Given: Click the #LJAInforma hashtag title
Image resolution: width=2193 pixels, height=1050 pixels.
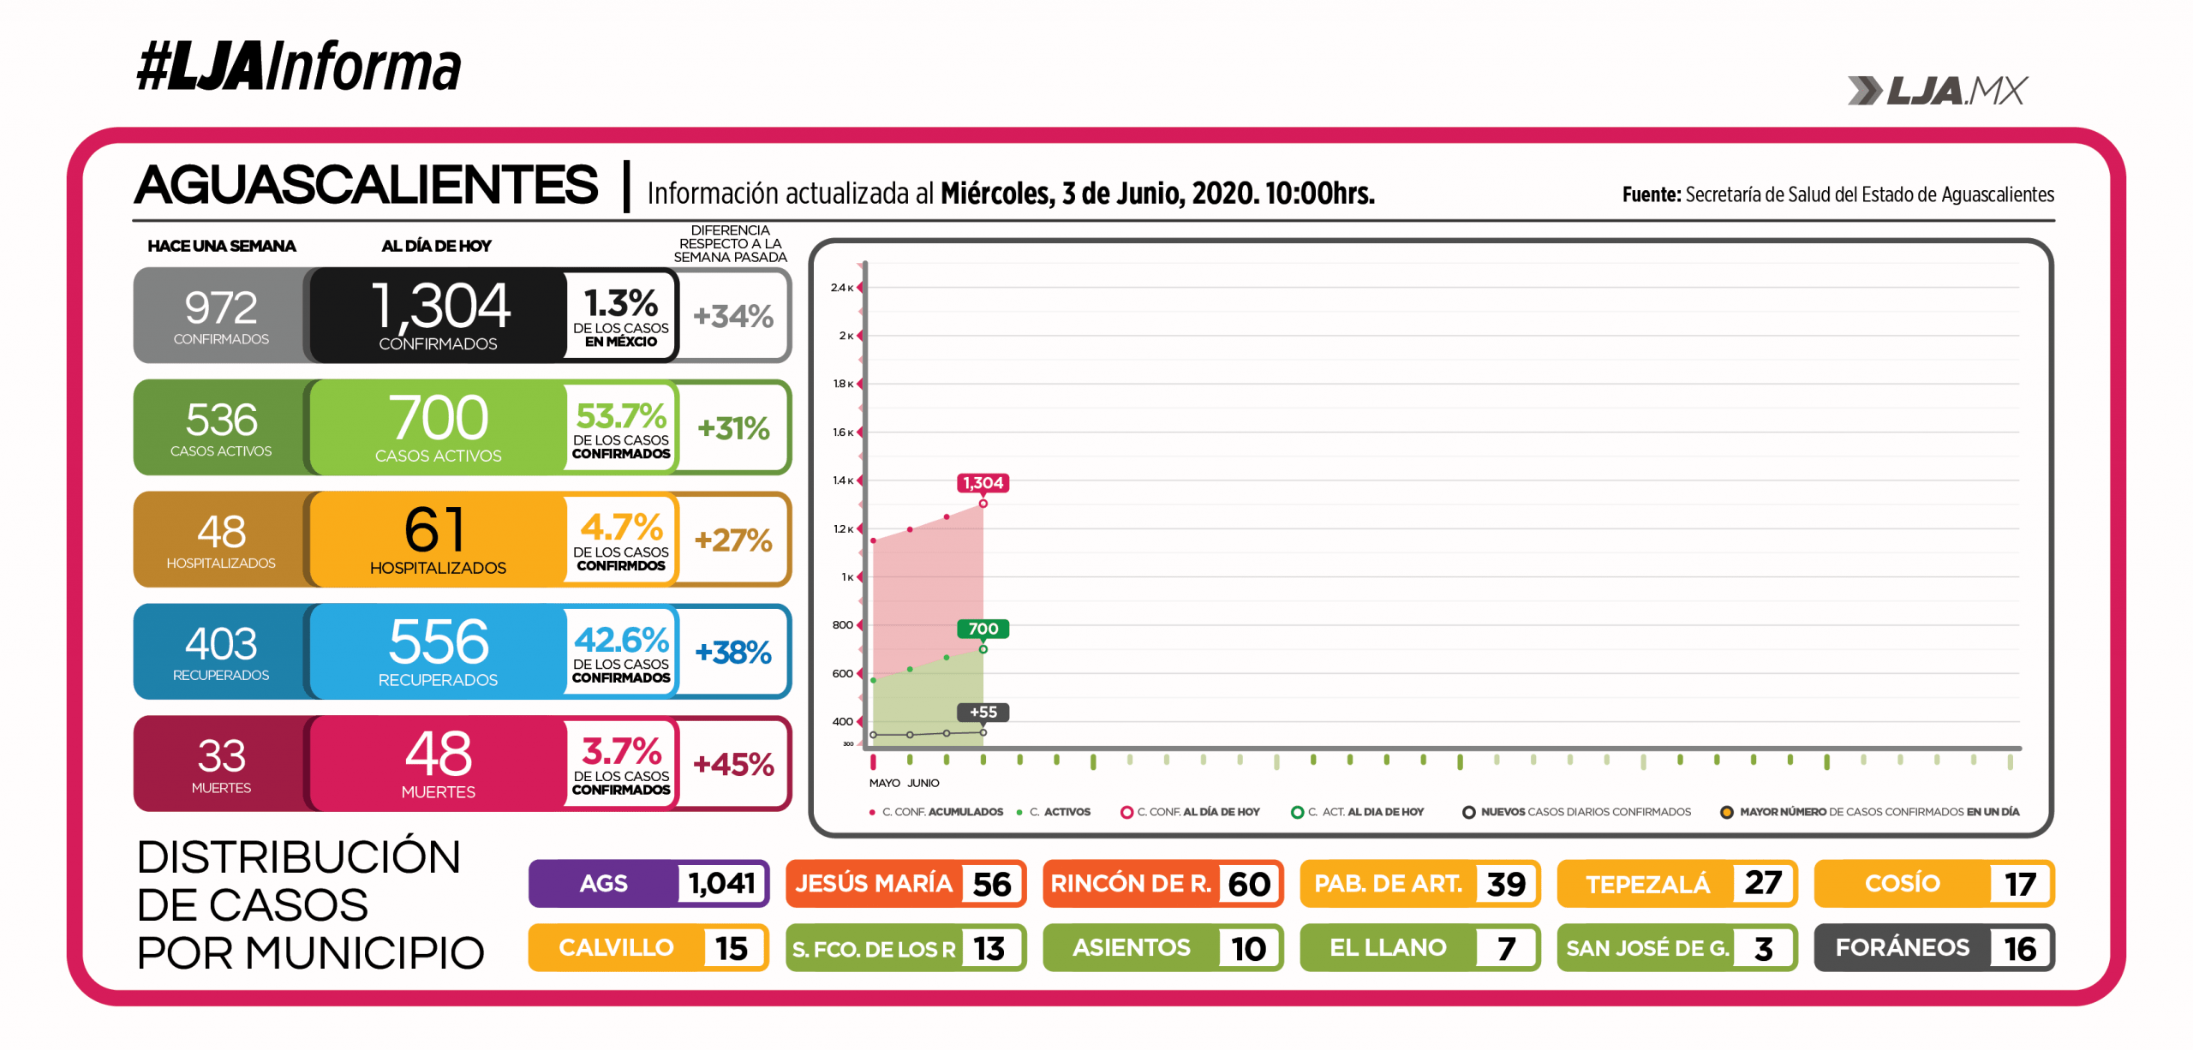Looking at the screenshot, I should (x=298, y=67).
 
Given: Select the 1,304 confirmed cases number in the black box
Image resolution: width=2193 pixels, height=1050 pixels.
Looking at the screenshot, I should (x=440, y=306).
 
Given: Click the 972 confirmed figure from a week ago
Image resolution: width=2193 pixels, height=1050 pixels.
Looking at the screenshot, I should (x=221, y=307).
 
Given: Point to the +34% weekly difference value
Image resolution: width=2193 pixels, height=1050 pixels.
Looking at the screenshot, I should (x=733, y=316).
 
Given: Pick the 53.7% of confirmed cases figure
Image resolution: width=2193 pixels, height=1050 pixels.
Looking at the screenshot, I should (x=621, y=416).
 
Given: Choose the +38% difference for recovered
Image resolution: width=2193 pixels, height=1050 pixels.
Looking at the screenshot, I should (x=733, y=653).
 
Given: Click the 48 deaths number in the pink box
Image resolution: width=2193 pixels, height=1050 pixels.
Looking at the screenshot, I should (x=438, y=754).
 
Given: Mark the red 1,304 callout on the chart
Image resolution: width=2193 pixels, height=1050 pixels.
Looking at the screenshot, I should (x=983, y=483).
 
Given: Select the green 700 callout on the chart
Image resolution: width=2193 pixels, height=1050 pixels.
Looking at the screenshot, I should (x=983, y=629).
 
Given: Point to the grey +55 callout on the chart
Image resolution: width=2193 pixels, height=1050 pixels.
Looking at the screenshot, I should (x=983, y=712).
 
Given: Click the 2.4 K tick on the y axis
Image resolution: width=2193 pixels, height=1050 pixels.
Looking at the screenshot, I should (x=840, y=288).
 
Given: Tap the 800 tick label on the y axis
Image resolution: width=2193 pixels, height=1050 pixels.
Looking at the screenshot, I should (x=842, y=625).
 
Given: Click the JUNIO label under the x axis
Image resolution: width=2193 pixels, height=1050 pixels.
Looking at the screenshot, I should (x=923, y=783).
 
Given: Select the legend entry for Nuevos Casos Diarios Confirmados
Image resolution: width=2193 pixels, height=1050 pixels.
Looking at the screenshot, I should (x=1585, y=812).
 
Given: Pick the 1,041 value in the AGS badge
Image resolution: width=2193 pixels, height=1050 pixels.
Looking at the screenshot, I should (x=721, y=883).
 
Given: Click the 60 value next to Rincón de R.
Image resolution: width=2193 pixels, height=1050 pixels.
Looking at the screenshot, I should (x=1249, y=884).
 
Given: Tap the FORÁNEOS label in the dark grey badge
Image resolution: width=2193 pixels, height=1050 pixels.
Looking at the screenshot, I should (x=1902, y=947).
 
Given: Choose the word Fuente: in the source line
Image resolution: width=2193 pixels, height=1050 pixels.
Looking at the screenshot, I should (x=1651, y=195).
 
